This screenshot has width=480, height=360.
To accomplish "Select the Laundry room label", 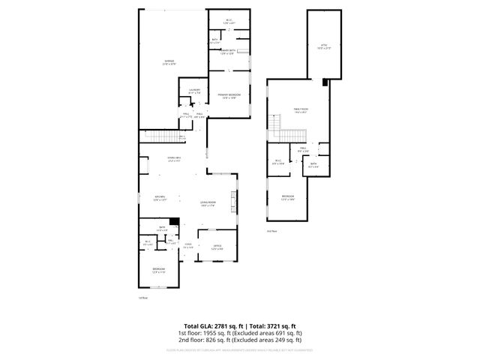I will point(193,90).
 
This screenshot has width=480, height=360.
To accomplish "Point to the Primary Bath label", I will point(228,50).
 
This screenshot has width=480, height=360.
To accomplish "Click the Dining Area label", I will point(175,157).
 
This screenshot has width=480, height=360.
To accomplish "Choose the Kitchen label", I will point(160,197).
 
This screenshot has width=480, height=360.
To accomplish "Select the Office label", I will point(217,246).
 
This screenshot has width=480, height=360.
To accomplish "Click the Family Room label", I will point(301,109).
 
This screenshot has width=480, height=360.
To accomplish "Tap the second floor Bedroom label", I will point(288,196).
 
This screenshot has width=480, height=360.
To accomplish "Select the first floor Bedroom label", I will point(159,269).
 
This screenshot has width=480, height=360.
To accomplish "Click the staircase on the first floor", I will point(163,136).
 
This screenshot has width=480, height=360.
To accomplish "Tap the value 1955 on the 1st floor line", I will point(201,332).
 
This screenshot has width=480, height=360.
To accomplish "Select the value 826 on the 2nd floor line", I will point(203,338).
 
